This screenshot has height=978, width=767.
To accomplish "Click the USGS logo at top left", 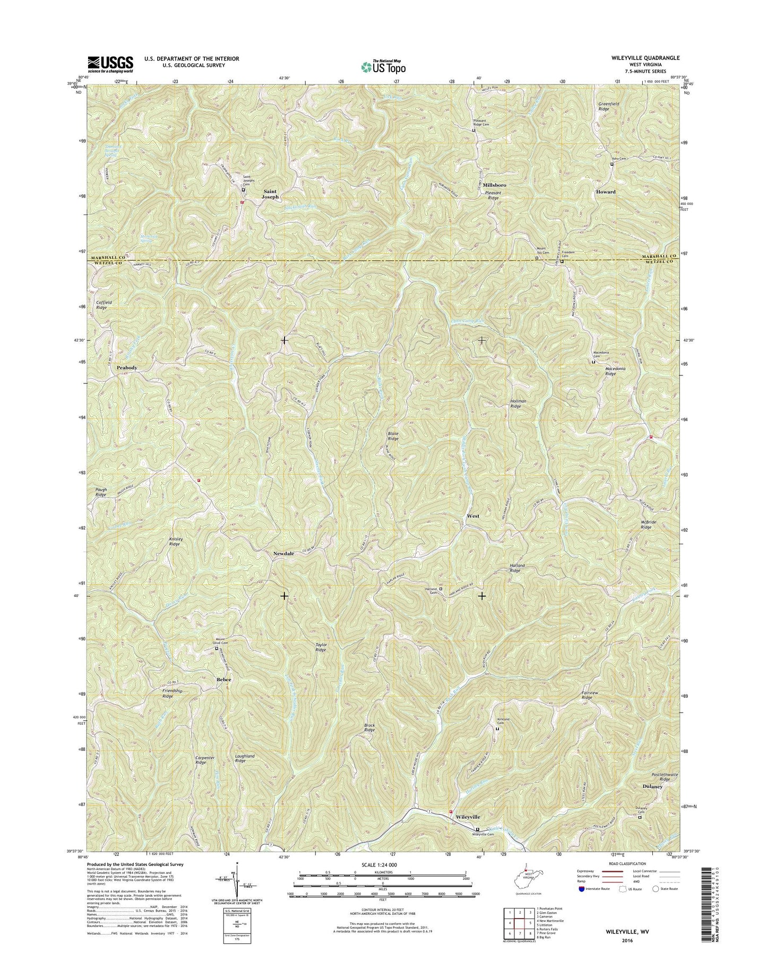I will tap(110, 64).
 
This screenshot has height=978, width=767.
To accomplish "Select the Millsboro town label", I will tap(494, 185).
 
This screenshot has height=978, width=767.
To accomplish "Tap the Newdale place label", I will tap(283, 553).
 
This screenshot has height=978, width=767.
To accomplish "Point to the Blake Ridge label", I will tap(393, 436).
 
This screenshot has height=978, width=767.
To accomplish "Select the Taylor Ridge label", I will tap(321, 647).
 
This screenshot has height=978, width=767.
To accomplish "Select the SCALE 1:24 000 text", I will tap(382, 879).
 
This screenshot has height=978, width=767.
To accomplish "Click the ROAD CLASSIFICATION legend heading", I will tap(626, 879).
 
